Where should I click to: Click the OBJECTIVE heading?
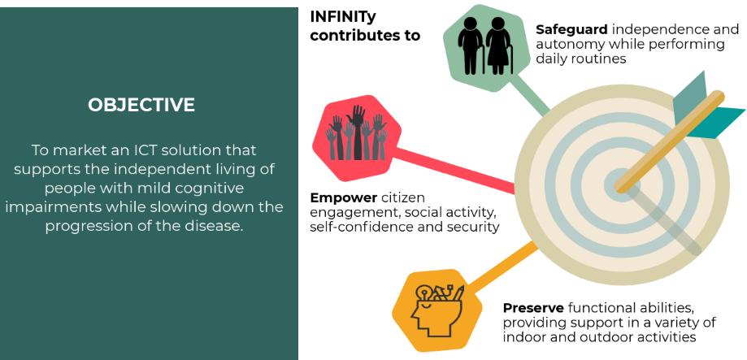141,105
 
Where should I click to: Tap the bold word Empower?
343,197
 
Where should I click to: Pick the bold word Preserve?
533,308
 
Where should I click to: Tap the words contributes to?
364,35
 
